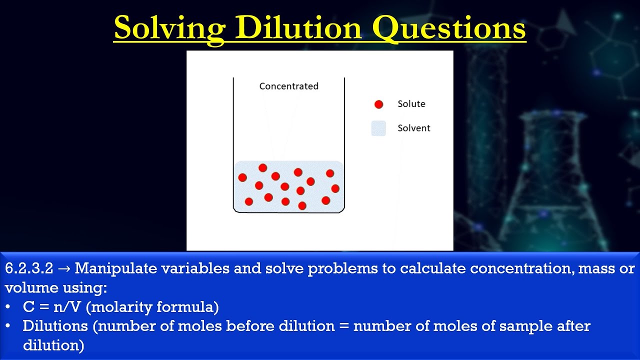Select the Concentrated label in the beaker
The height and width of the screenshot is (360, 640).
pyautogui.click(x=288, y=86)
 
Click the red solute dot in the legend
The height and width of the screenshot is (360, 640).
pyautogui.click(x=378, y=104)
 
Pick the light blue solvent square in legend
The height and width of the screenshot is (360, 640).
pyautogui.click(x=378, y=128)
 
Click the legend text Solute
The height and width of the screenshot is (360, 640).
pyautogui.click(x=411, y=104)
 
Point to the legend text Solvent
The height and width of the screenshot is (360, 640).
pyautogui.click(x=413, y=128)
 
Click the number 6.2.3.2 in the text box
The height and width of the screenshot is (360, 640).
pyautogui.click(x=29, y=268)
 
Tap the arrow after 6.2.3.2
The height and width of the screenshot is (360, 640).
pyautogui.click(x=64, y=269)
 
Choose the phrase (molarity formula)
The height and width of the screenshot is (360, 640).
pyautogui.click(x=152, y=306)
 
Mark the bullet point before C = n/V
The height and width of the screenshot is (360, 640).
pyautogui.click(x=8, y=306)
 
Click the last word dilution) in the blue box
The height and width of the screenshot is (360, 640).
pyautogui.click(x=53, y=345)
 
